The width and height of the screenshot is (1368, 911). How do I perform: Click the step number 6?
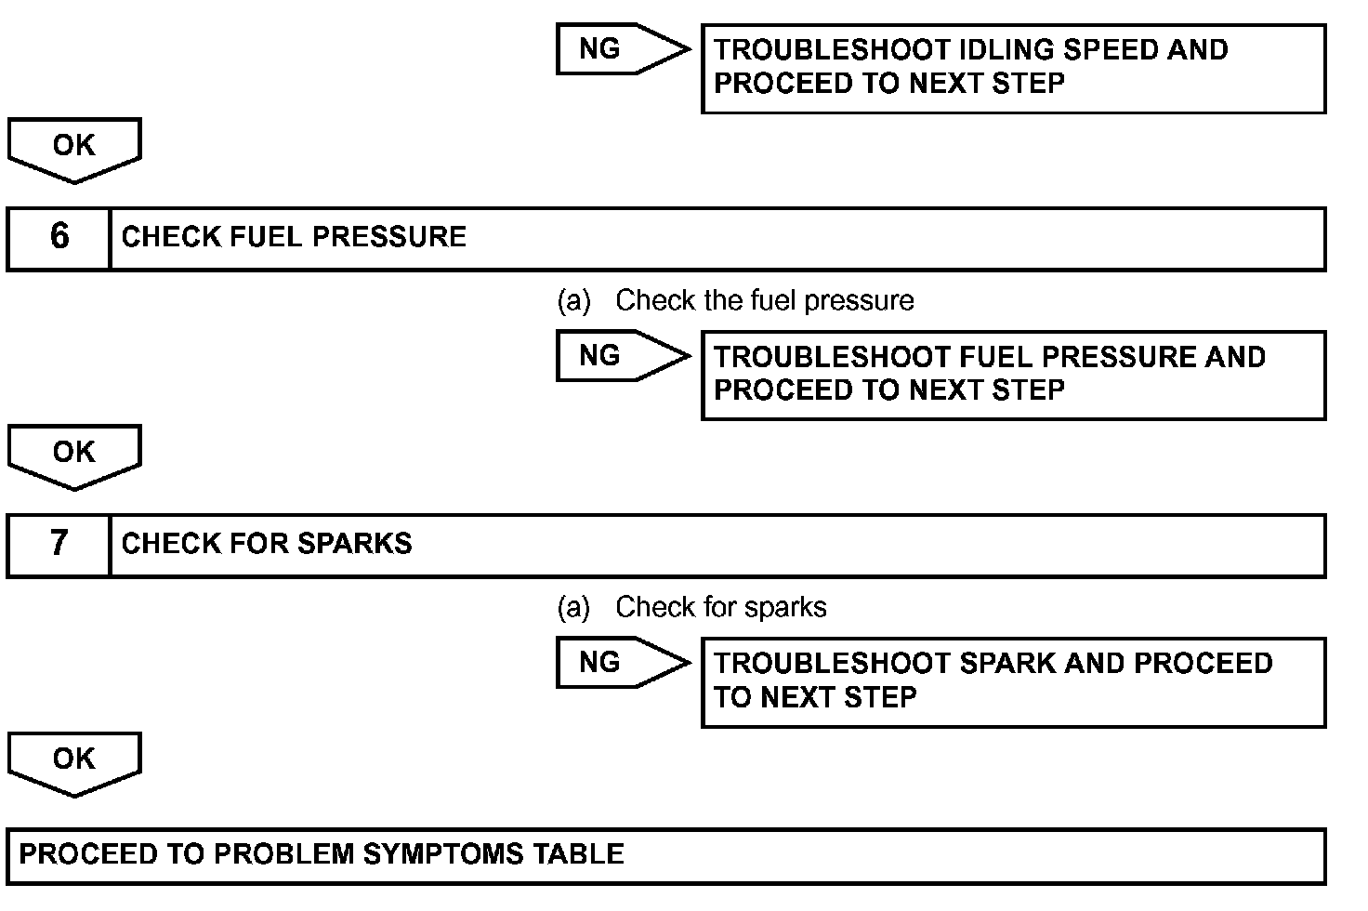pos(59,236)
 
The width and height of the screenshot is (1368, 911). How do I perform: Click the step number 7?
pos(59,543)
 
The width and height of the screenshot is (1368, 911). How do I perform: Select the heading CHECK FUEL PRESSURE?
pos(294,237)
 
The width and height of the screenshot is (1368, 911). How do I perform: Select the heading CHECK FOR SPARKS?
pos(267,544)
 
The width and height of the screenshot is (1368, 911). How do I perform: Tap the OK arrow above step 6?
pos(74,147)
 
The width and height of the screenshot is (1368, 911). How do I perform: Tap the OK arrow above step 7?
pos(74,454)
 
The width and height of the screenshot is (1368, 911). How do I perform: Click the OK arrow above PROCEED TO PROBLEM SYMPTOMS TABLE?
pos(74,760)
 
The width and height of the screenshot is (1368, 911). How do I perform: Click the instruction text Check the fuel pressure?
pos(764,300)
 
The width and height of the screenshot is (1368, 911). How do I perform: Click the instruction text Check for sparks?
pos(720,607)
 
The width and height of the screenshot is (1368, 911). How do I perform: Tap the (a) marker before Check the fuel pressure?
pos(573,300)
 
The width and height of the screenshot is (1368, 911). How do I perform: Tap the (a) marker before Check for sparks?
pos(573,607)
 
